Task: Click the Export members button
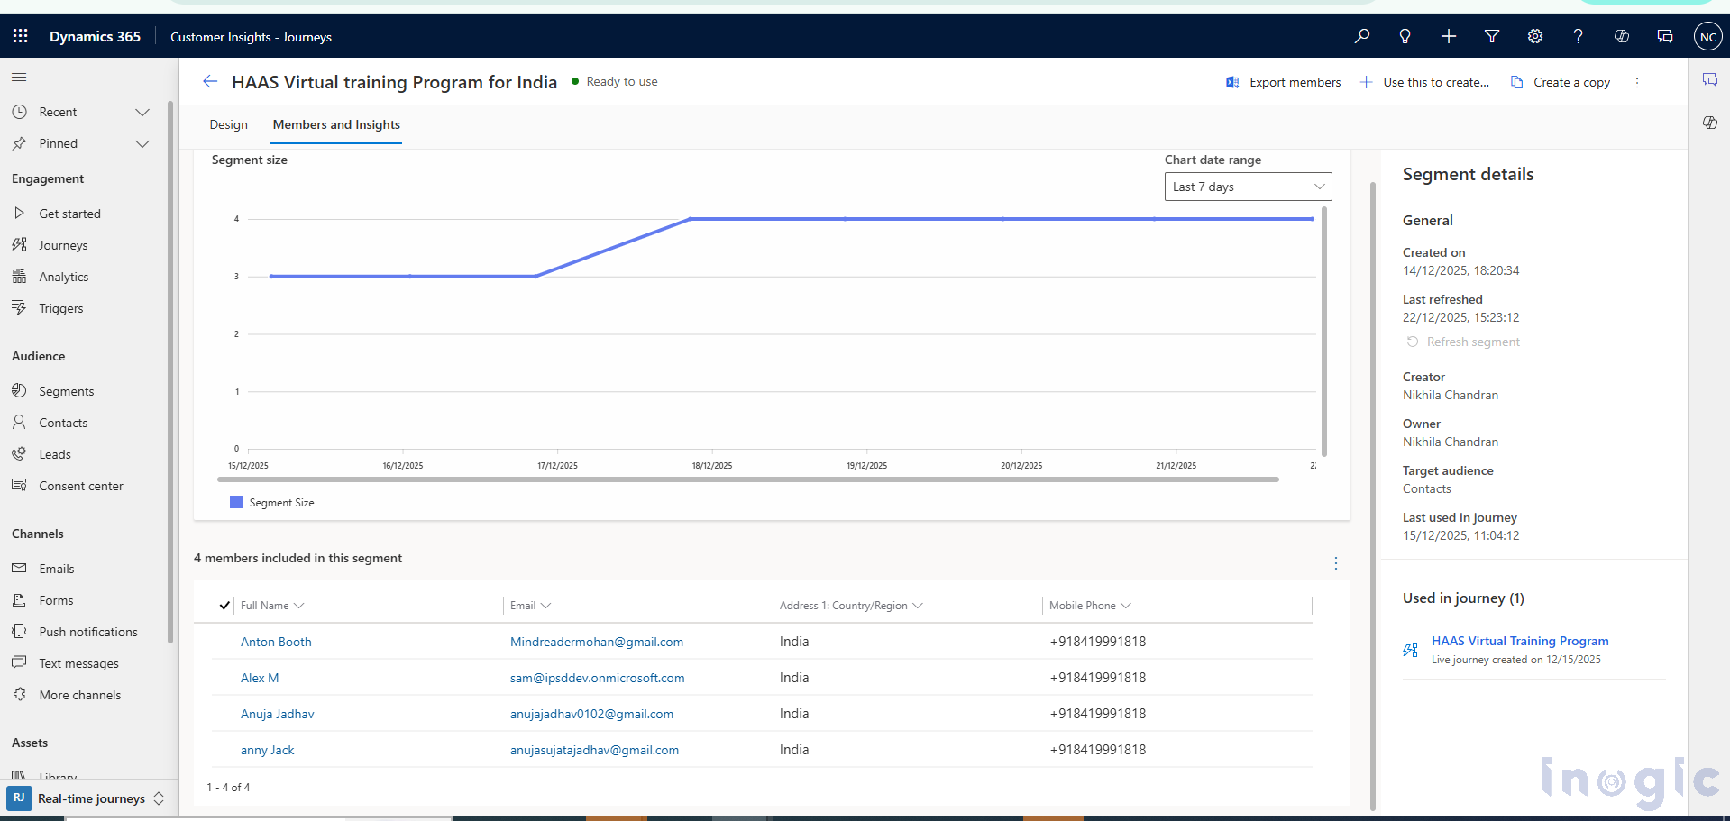[x=1284, y=82]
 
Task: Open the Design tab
[x=228, y=124]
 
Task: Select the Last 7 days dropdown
[x=1248, y=187]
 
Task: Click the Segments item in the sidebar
[x=66, y=391]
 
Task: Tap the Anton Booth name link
[x=276, y=642]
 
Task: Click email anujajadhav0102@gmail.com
[x=591, y=714]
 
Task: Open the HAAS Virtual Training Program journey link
[x=1519, y=641]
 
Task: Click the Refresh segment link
[x=1472, y=342]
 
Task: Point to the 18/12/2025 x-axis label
[x=712, y=466]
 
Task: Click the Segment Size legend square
[x=236, y=502]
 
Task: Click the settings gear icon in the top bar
[x=1534, y=36]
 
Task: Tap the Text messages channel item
[x=78, y=663]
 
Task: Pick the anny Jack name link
[x=267, y=750]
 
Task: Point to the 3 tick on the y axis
[x=237, y=277]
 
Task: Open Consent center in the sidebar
[x=80, y=486]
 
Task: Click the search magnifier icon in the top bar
[x=1361, y=36]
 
